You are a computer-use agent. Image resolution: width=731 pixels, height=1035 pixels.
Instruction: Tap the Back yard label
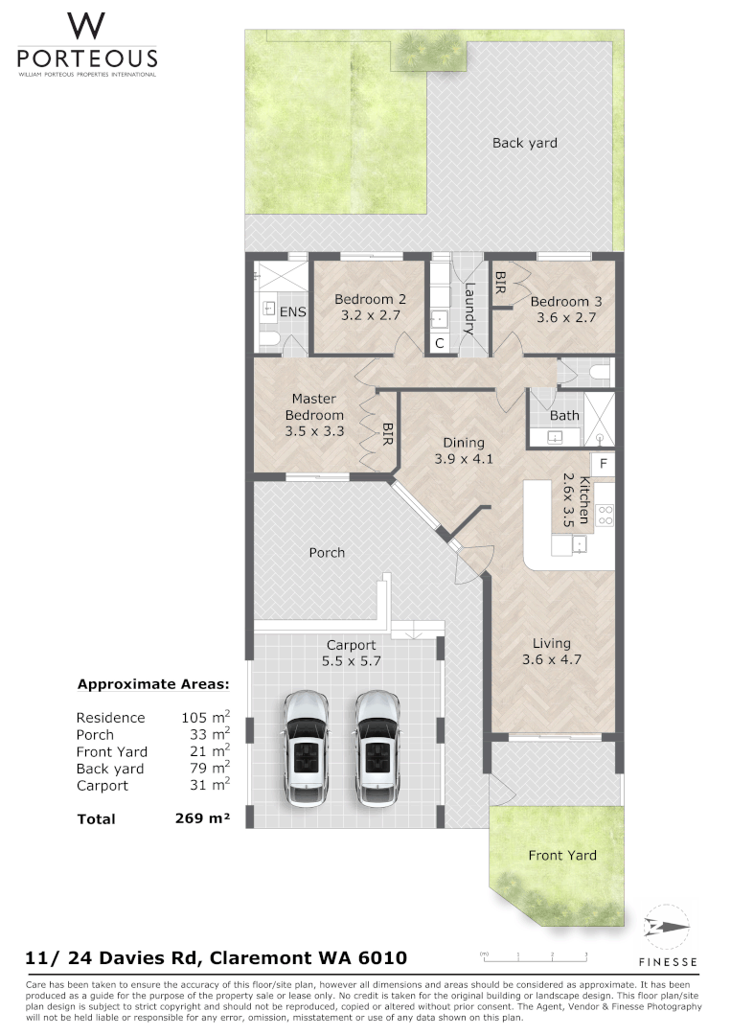click(524, 143)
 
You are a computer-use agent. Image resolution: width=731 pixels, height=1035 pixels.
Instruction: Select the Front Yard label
click(562, 855)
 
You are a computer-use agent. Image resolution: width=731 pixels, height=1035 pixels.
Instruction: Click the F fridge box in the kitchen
click(603, 464)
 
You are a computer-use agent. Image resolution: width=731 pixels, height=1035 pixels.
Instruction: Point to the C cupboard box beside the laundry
click(440, 343)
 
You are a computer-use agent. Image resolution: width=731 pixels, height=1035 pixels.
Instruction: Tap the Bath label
click(564, 415)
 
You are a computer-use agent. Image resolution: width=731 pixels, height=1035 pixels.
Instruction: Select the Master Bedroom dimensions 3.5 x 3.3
click(314, 431)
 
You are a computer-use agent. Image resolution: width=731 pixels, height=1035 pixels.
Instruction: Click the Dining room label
click(463, 443)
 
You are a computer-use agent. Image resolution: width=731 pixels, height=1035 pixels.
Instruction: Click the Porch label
click(327, 552)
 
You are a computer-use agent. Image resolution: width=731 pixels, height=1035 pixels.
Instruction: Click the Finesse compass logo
click(667, 927)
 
